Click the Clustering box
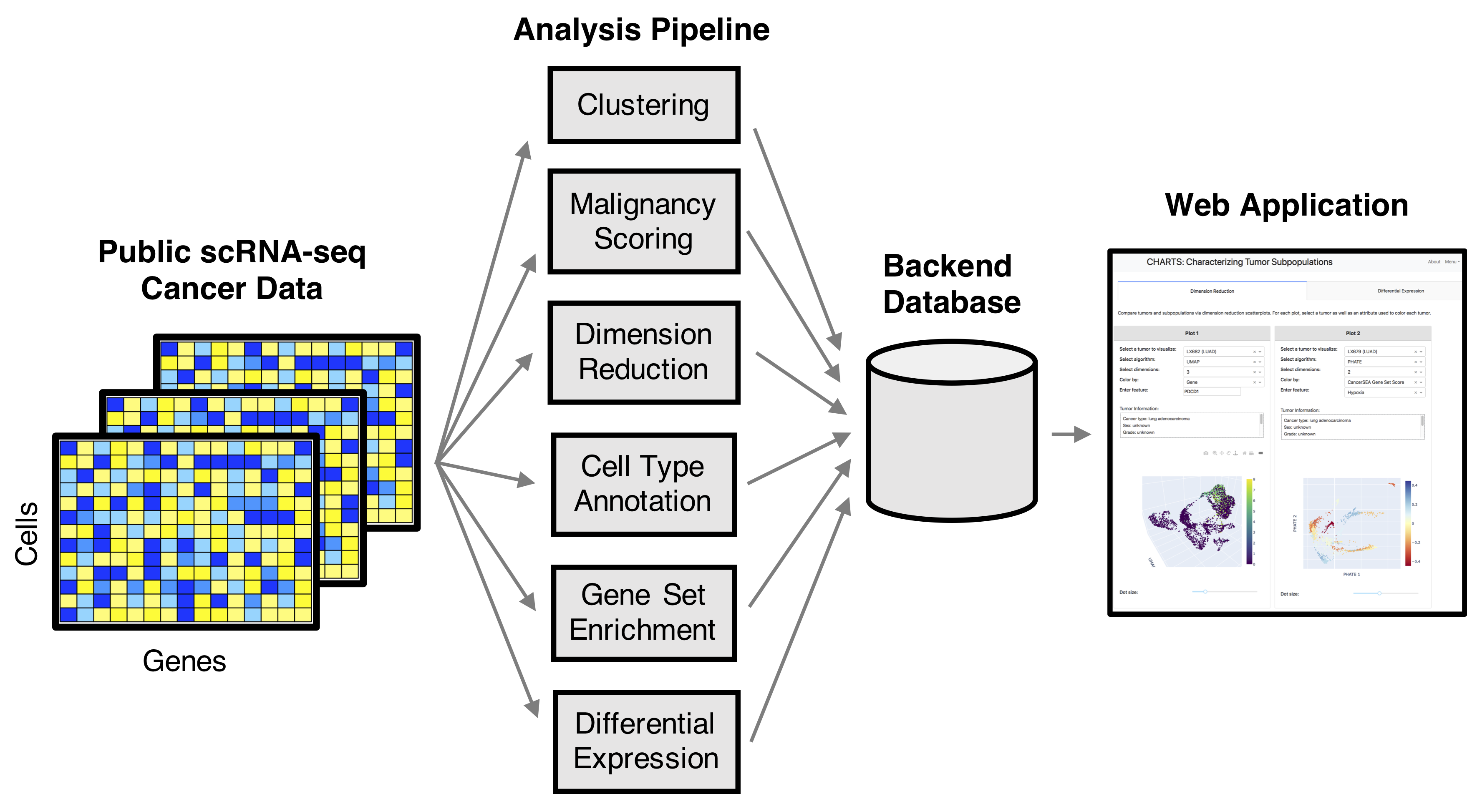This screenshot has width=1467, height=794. (x=643, y=106)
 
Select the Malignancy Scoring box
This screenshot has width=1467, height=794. (x=643, y=221)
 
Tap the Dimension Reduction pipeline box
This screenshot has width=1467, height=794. (x=643, y=352)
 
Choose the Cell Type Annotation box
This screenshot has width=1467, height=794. (x=643, y=484)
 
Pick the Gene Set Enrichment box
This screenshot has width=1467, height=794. (x=643, y=613)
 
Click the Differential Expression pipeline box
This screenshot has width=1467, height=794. (x=646, y=741)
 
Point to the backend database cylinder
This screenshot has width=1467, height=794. (x=951, y=432)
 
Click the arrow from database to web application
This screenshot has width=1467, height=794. (x=1071, y=434)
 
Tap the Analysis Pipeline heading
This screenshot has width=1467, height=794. (x=641, y=30)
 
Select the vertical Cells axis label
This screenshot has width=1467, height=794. (x=26, y=533)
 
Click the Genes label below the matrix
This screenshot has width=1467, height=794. (x=184, y=661)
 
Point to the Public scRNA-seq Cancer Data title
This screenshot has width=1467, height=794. (x=232, y=270)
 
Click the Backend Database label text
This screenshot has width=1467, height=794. (x=951, y=284)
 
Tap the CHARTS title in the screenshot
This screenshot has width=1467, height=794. (x=1239, y=262)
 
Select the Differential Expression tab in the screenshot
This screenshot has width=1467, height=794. (x=1400, y=291)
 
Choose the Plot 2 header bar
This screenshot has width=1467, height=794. (x=1353, y=333)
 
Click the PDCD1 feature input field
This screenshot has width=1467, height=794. (x=1211, y=392)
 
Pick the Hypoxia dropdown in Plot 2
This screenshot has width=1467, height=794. (x=1384, y=392)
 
